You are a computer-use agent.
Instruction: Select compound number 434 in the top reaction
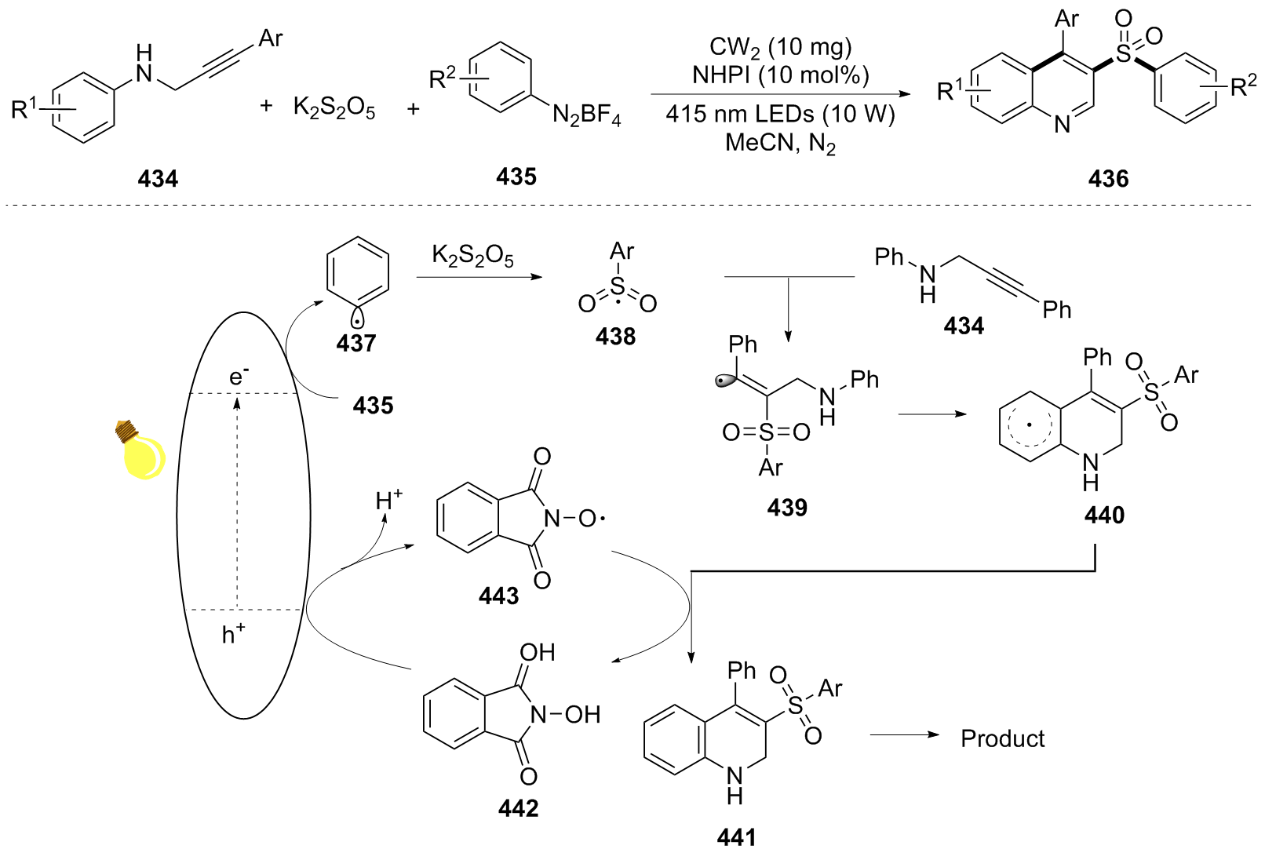click(158, 179)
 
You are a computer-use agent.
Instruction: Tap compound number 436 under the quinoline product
click(1107, 179)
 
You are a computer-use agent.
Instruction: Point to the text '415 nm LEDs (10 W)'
click(780, 115)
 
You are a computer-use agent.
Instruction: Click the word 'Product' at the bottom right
click(1002, 738)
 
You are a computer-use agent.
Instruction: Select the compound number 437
click(356, 343)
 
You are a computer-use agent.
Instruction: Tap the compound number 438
click(615, 337)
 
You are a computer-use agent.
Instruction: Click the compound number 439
click(787, 508)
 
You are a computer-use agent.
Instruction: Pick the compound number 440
click(1104, 516)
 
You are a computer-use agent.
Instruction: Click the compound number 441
click(736, 838)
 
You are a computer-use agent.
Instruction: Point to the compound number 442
click(518, 808)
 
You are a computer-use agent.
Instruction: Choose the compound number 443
click(498, 596)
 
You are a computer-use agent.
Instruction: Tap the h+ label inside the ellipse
click(233, 633)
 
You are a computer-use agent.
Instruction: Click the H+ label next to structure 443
click(388, 500)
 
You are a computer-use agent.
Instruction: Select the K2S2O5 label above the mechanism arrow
click(472, 256)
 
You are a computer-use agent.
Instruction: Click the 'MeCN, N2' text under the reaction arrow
click(780, 143)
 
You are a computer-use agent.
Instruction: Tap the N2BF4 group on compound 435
click(586, 116)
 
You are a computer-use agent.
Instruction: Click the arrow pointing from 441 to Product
click(904, 735)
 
